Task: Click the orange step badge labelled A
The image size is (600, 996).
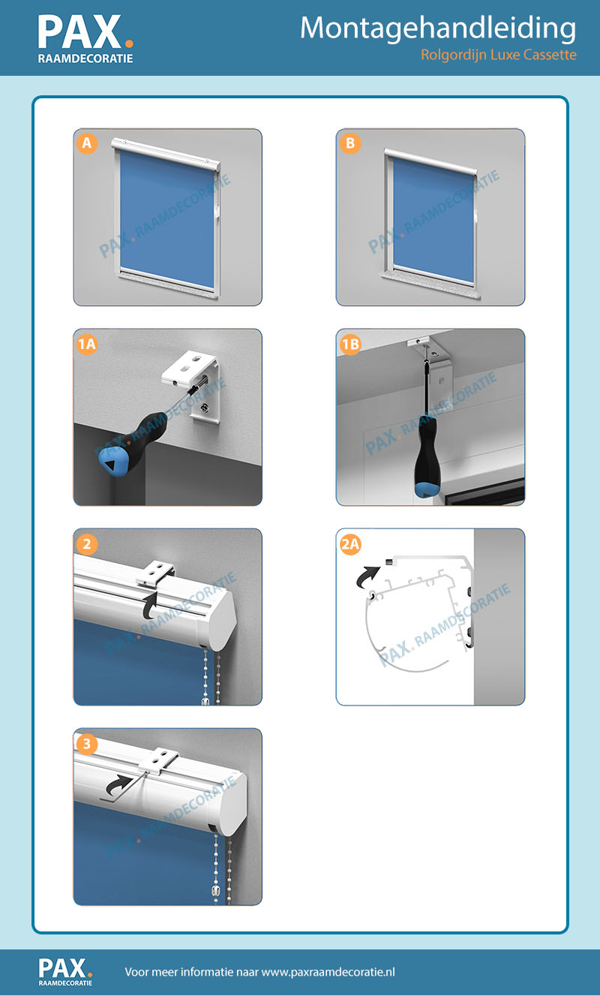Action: [87, 143]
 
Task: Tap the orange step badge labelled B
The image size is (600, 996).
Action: [350, 143]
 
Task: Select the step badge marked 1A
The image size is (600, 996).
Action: [87, 345]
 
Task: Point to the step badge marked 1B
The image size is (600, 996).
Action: [350, 345]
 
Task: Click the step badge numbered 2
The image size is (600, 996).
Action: [87, 544]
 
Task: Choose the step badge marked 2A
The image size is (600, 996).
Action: [350, 544]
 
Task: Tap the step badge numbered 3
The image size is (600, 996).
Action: [87, 744]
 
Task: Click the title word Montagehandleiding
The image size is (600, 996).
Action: [438, 29]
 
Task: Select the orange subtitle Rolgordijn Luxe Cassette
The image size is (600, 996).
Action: [499, 55]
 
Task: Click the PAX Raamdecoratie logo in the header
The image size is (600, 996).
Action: [85, 39]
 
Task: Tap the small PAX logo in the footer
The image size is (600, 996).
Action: [65, 971]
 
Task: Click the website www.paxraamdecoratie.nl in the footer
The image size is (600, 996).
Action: [328, 972]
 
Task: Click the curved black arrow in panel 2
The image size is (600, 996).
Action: [150, 603]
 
